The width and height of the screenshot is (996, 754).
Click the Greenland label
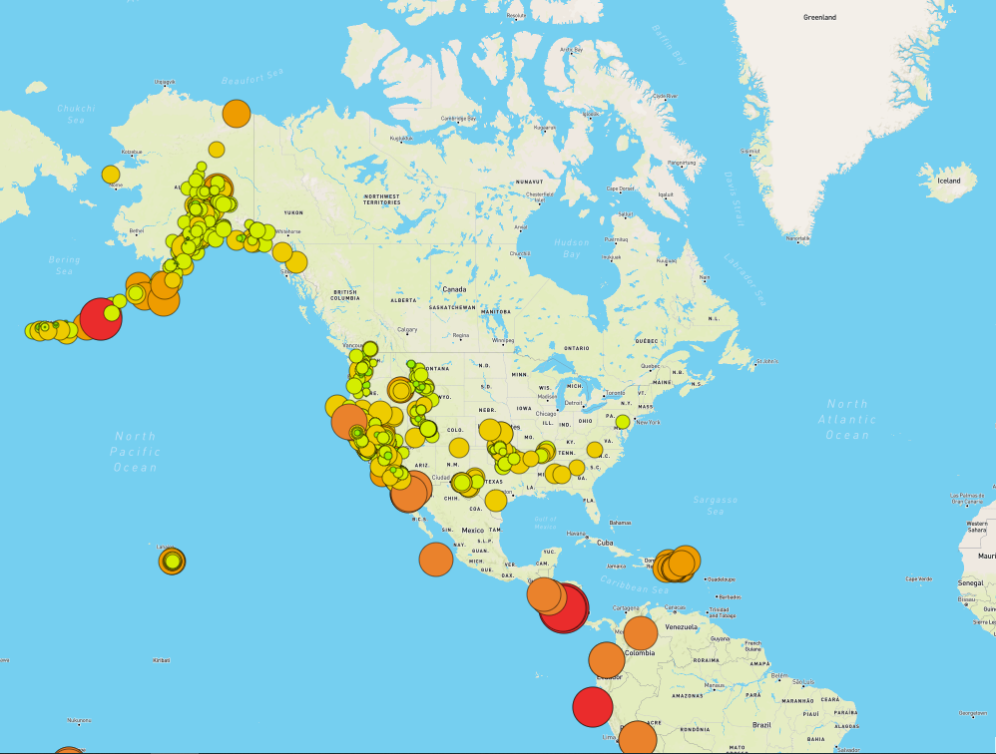819,18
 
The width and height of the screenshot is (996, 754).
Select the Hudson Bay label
571,248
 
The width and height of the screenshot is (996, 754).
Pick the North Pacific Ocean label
135,452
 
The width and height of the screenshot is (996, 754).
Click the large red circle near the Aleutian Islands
100,319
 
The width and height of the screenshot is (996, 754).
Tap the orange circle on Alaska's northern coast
236,114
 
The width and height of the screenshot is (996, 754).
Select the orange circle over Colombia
641,633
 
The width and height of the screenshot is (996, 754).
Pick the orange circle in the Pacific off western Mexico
436,560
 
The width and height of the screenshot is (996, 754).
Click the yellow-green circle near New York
623,422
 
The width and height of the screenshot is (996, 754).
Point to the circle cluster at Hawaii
173,562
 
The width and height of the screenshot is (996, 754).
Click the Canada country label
454,289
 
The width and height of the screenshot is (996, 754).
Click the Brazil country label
761,724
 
